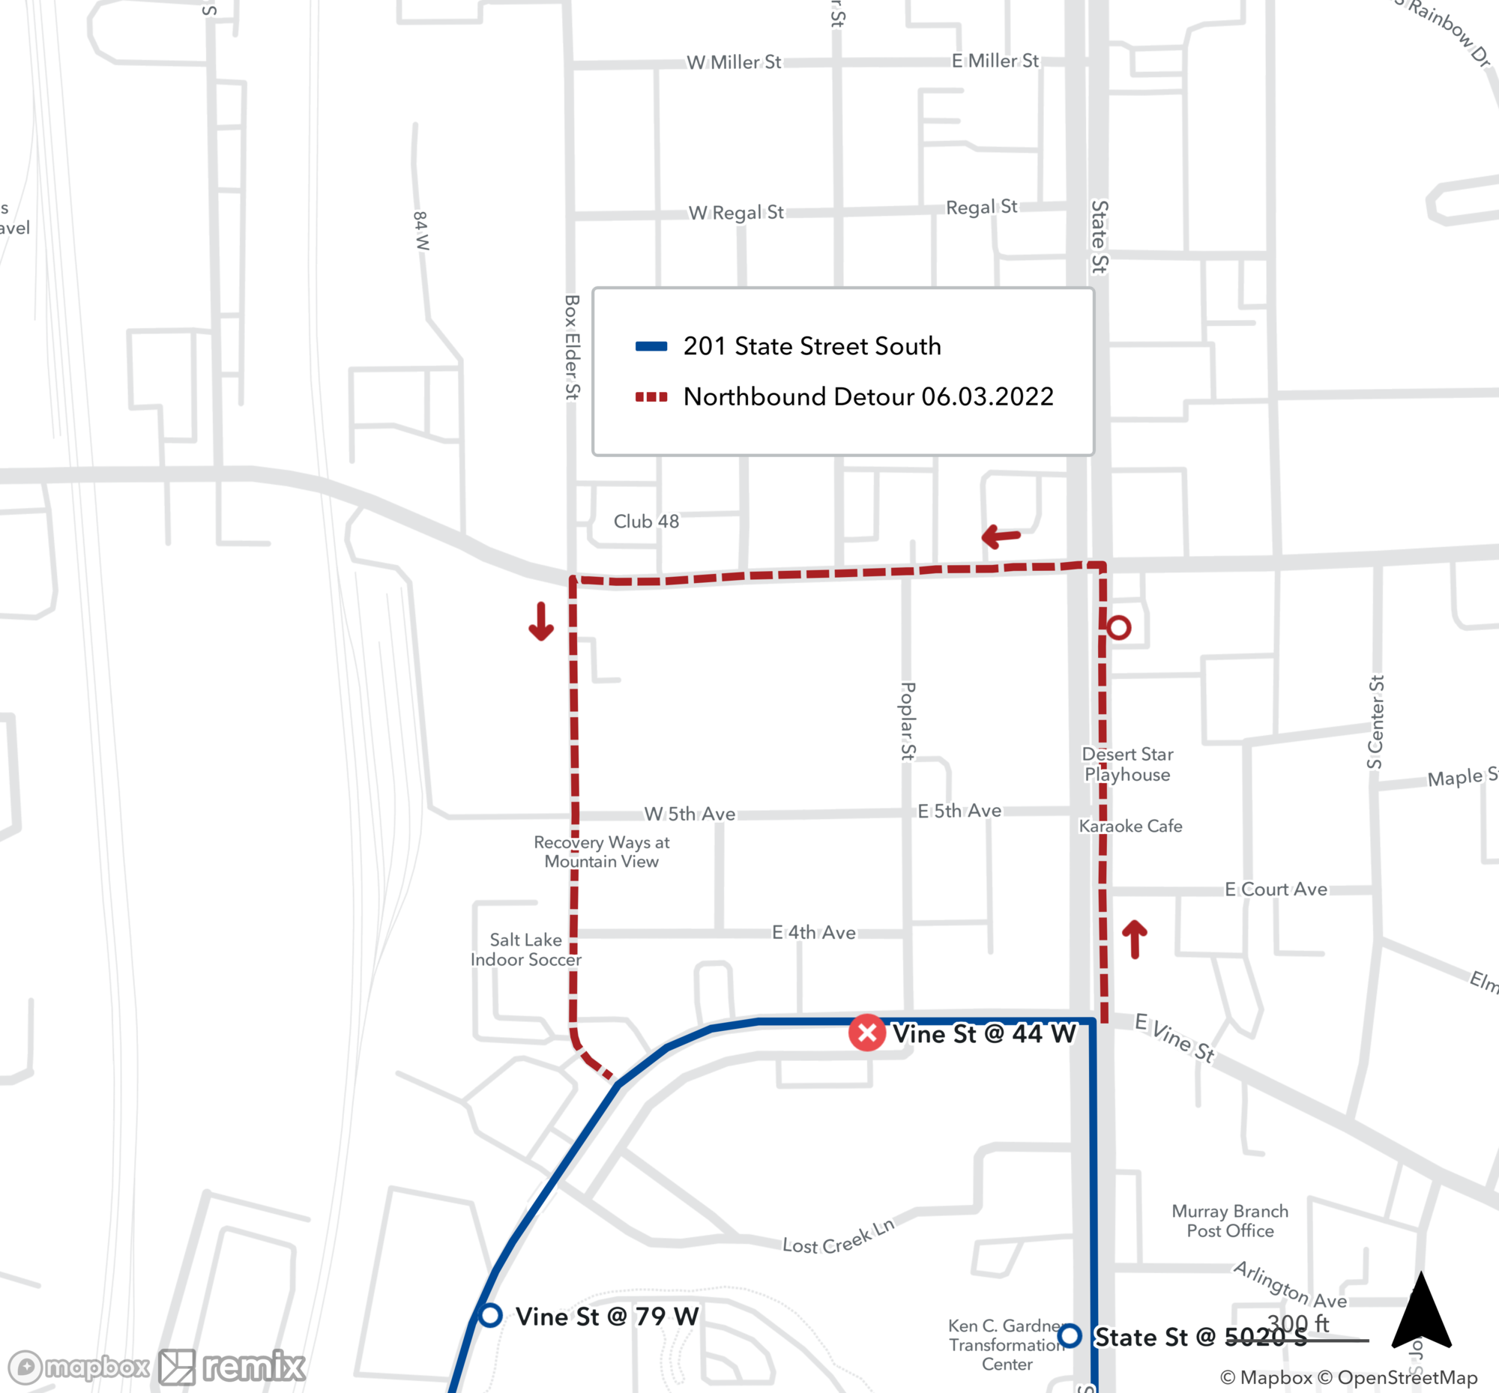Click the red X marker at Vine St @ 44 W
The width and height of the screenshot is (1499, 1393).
867,1033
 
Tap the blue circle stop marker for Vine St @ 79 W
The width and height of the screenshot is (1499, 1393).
490,1316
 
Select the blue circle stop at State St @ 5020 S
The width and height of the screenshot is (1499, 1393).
1070,1336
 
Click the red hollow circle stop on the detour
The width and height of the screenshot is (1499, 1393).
1119,627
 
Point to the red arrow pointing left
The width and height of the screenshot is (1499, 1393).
1001,536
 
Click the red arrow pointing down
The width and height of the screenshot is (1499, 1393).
540,621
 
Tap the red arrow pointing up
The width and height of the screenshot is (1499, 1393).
1135,938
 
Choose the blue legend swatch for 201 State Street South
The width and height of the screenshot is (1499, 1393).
651,347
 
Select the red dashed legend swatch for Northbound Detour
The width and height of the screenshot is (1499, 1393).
651,397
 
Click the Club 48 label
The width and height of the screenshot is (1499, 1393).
646,521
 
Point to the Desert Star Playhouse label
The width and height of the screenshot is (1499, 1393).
1127,764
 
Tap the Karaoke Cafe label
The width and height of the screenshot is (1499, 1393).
1130,827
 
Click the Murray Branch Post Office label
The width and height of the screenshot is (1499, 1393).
1230,1221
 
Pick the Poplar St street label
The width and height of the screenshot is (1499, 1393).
908,721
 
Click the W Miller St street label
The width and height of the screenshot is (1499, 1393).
734,61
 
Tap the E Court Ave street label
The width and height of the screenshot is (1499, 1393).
1276,889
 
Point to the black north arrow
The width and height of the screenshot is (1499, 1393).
1421,1311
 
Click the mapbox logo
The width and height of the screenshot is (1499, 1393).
79,1367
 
